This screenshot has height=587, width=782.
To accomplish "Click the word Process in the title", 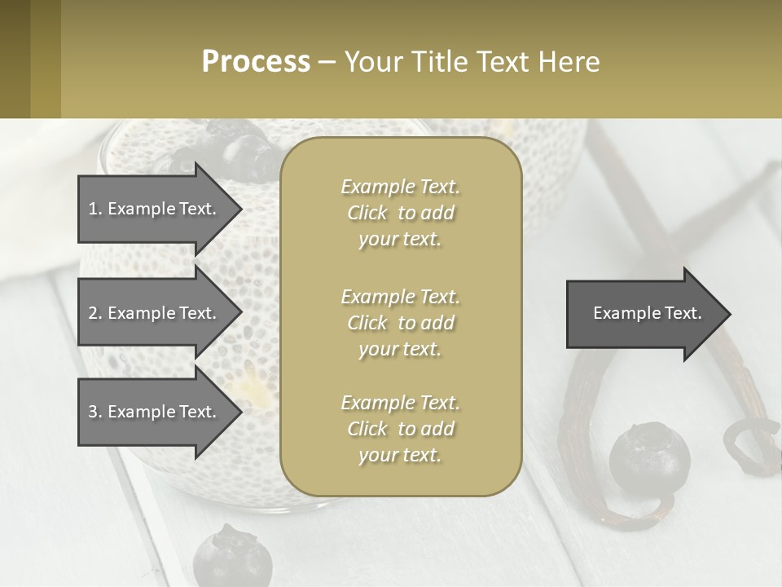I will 256,61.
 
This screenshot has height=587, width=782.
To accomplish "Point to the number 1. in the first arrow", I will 95,209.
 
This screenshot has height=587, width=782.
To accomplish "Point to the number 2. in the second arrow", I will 95,313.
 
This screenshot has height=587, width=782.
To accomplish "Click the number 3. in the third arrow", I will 95,412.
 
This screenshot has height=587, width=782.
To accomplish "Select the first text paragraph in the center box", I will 400,213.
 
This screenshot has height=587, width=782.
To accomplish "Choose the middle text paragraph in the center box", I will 400,323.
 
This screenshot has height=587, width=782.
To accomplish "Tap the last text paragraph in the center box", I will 400,429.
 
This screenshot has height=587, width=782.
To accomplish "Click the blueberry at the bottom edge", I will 232,558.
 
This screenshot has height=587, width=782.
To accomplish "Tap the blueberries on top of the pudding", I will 236,151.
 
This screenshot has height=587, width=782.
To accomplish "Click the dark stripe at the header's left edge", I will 15,59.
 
